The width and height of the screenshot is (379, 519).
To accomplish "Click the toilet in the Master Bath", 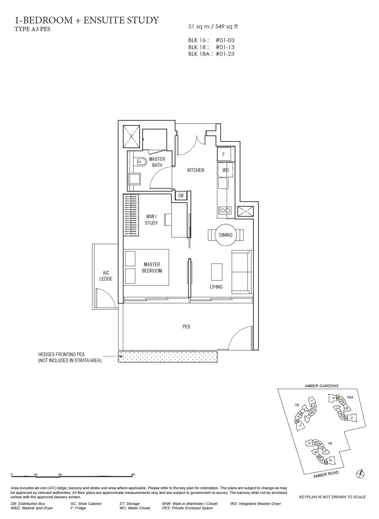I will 141,162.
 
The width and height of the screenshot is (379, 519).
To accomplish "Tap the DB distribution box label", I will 181,196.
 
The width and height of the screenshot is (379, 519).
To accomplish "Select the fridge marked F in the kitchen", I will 224,154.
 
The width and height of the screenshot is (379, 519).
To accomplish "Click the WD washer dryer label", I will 226,170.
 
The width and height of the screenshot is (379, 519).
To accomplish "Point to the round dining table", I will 226,235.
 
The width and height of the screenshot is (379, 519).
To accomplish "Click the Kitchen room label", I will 196,170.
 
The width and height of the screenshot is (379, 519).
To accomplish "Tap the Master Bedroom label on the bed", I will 152,267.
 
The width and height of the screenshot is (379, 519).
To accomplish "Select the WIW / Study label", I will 151,220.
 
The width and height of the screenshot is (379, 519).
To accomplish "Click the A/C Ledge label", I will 106,276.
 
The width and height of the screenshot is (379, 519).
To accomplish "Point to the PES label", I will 186,326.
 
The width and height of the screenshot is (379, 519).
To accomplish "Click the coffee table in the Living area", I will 217,272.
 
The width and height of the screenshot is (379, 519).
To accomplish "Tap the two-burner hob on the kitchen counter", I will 225,210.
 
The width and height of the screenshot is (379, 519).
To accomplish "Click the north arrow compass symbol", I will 361,474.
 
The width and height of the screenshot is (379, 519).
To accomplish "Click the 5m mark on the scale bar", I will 133,474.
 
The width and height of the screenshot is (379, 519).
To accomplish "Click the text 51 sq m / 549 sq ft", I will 213,26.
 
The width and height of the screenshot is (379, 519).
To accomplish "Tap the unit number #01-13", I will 225,47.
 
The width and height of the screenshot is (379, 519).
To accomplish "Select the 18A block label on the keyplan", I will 350,397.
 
